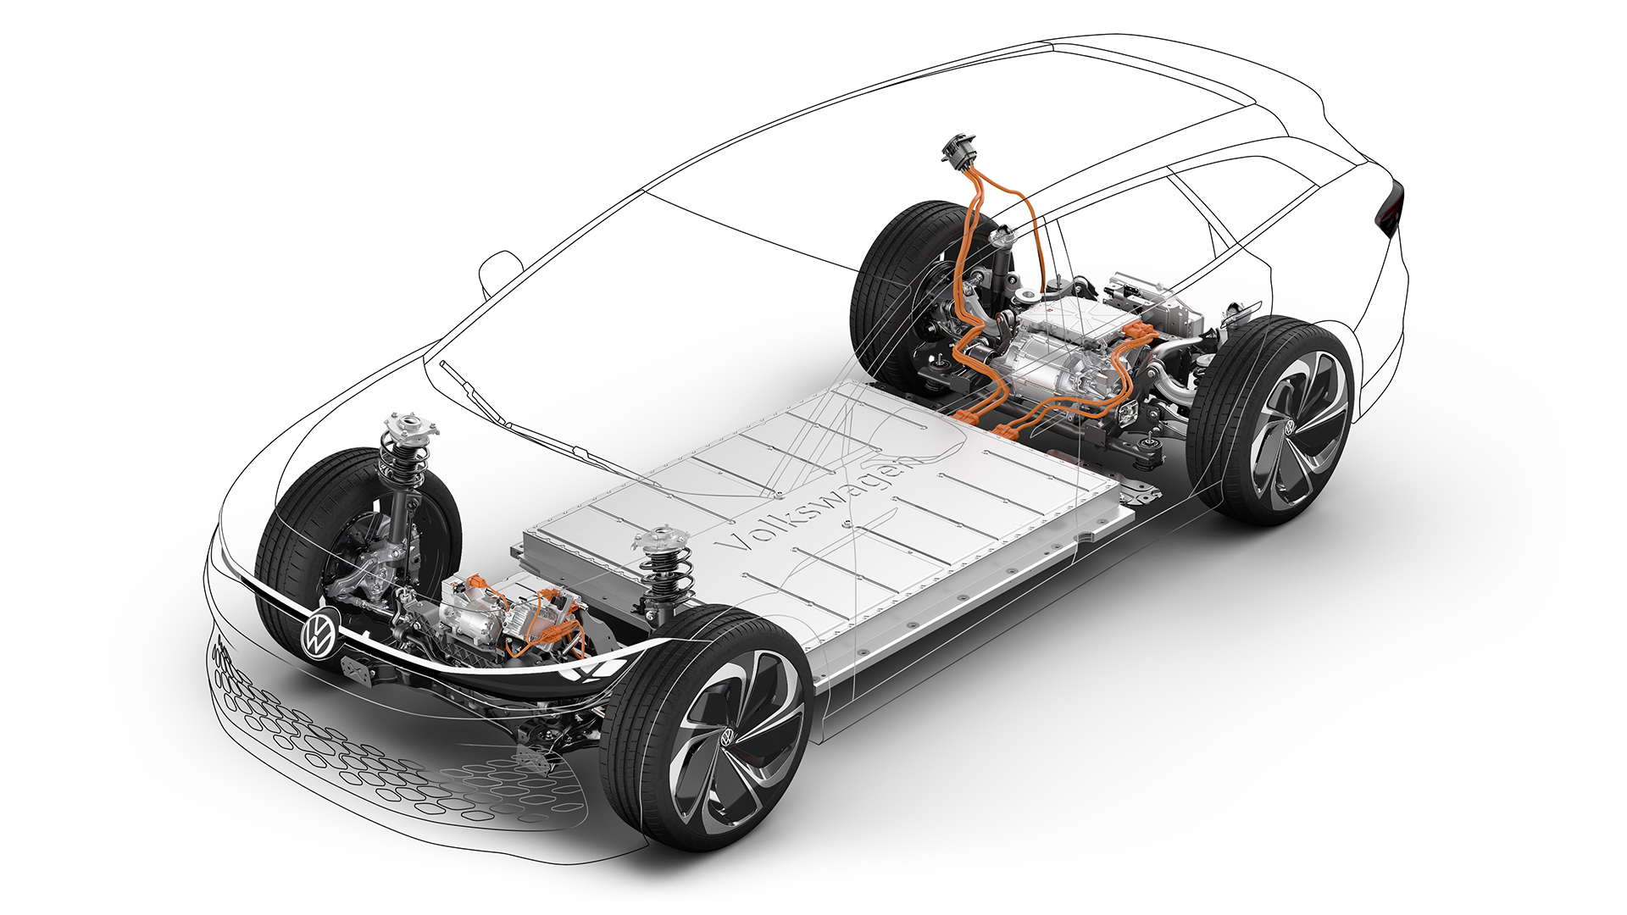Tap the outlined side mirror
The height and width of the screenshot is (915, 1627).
(x=500, y=269)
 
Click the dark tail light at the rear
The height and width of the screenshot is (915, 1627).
(x=1392, y=208)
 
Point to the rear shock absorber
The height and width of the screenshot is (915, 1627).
(x=1008, y=263)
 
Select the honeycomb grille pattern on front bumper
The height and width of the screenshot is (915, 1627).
(x=356, y=746)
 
